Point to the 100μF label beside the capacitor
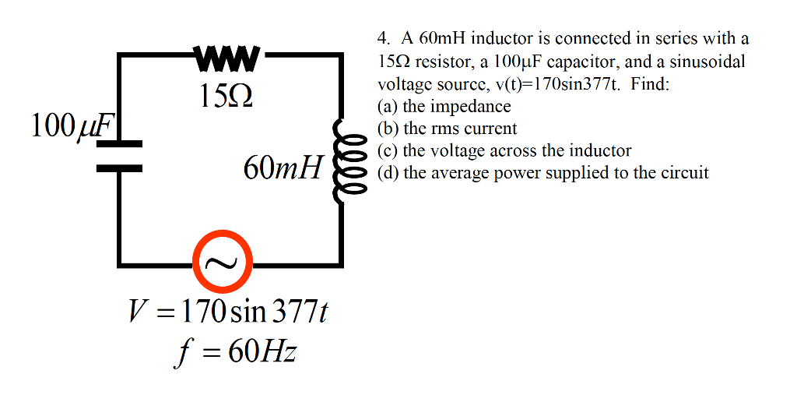72,125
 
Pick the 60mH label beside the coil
282,168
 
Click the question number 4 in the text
382,38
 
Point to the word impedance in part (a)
474,107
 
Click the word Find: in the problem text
650,83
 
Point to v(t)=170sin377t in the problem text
560,83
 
